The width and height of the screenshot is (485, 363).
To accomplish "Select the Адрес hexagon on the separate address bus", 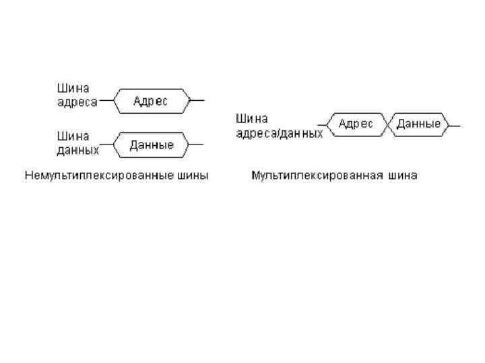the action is coord(150,101).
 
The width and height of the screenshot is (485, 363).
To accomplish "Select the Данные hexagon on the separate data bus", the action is coord(151,145).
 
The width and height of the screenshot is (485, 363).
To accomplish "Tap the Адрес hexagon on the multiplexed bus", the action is coord(355,124).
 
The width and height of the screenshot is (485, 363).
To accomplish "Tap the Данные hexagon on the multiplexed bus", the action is coord(418,124).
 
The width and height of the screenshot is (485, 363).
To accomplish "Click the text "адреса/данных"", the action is coord(279,133).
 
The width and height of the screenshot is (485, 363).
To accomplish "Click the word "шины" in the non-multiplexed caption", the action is coord(195,175).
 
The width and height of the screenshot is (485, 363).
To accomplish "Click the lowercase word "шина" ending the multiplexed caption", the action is coord(403,175).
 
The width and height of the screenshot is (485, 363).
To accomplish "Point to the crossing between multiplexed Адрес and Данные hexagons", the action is coord(388,124).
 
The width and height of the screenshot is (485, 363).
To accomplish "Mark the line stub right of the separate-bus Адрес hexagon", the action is coord(197,101).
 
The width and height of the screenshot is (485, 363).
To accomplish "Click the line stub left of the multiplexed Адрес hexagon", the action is coord(321,125).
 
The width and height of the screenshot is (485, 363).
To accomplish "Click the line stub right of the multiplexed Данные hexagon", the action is coord(455,125).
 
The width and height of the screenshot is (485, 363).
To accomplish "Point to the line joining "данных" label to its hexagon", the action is coord(106,145).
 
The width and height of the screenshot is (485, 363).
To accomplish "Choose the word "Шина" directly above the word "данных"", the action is coord(72,135).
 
